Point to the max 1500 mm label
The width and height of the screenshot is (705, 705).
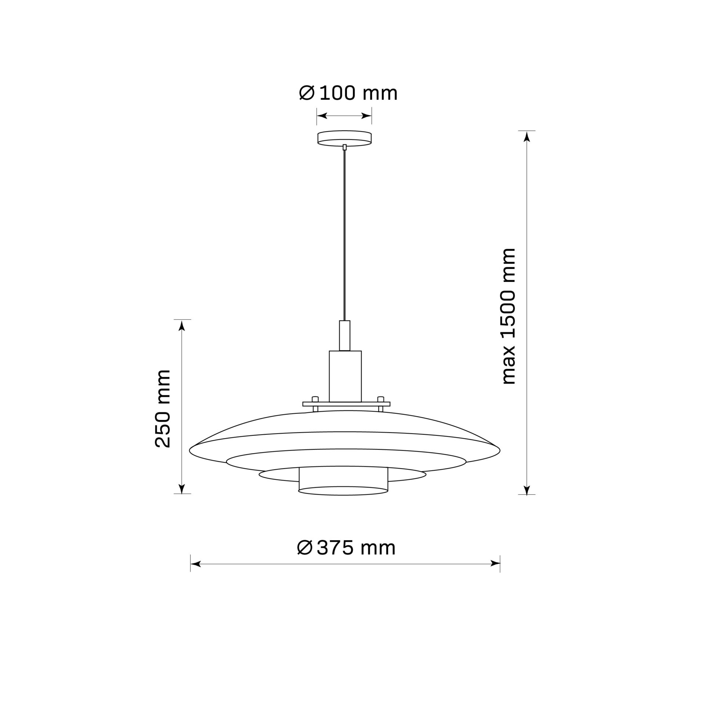pos(509,316)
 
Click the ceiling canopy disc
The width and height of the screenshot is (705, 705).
pos(344,138)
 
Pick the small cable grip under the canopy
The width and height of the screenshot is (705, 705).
pos(344,147)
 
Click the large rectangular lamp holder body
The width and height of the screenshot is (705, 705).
pos(345,376)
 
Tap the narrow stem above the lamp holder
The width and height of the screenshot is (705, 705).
pos(345,336)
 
